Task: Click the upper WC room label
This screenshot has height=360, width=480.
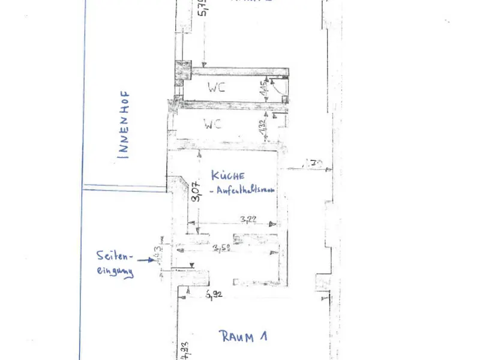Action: coord(217,86)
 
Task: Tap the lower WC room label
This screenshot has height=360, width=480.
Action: coord(213,125)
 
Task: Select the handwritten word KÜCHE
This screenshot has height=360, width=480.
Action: coord(228,176)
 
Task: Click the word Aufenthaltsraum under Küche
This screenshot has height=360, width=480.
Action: coord(242,190)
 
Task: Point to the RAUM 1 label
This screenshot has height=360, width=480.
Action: coord(243,337)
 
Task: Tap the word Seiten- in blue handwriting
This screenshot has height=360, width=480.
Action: coord(112,254)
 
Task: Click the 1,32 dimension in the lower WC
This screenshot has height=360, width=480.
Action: coord(262,127)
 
